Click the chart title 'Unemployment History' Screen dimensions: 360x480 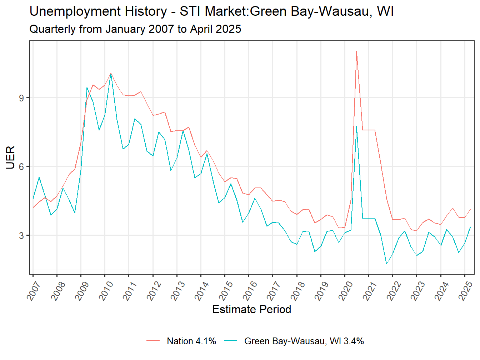[x=211, y=11]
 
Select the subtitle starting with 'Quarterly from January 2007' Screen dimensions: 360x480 [x=135, y=29]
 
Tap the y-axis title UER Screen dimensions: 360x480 [x=10, y=157]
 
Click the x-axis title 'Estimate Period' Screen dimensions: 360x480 [x=251, y=309]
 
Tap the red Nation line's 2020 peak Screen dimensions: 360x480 [x=356, y=51]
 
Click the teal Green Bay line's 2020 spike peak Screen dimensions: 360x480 [x=356, y=126]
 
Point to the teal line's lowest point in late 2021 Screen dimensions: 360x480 [x=386, y=264]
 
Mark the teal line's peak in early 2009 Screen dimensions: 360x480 [x=87, y=88]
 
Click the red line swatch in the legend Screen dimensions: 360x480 [x=153, y=341]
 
